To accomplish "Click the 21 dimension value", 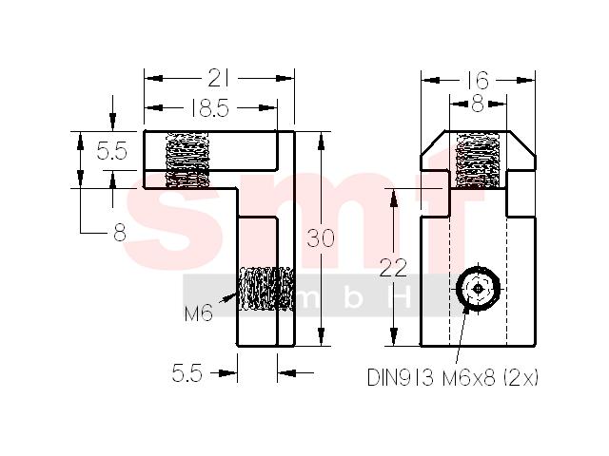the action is pyautogui.click(x=219, y=78).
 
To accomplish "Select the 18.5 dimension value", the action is pyautogui.click(x=209, y=107).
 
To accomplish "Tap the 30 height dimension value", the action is pyautogui.click(x=321, y=238).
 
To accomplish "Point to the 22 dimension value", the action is pyautogui.click(x=393, y=268).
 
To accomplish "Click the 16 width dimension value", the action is pyautogui.click(x=477, y=81).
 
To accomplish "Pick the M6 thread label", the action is pyautogui.click(x=199, y=313).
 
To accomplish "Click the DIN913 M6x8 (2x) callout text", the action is pyautogui.click(x=453, y=377).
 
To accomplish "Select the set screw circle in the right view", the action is pyautogui.click(x=478, y=289).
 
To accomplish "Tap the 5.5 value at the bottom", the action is pyautogui.click(x=187, y=373).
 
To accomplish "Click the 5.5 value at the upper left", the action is pyautogui.click(x=112, y=151).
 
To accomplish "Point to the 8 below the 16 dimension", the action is pyautogui.click(x=478, y=104).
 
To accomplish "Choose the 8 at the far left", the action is pyautogui.click(x=120, y=233).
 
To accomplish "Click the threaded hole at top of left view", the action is pyautogui.click(x=187, y=161).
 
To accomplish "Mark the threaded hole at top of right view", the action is pyautogui.click(x=478, y=160).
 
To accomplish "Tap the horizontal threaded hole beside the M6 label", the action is pyautogui.click(x=266, y=289).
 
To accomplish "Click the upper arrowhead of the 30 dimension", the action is pyautogui.click(x=321, y=141).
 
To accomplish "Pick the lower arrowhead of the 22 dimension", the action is pyautogui.click(x=394, y=336).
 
